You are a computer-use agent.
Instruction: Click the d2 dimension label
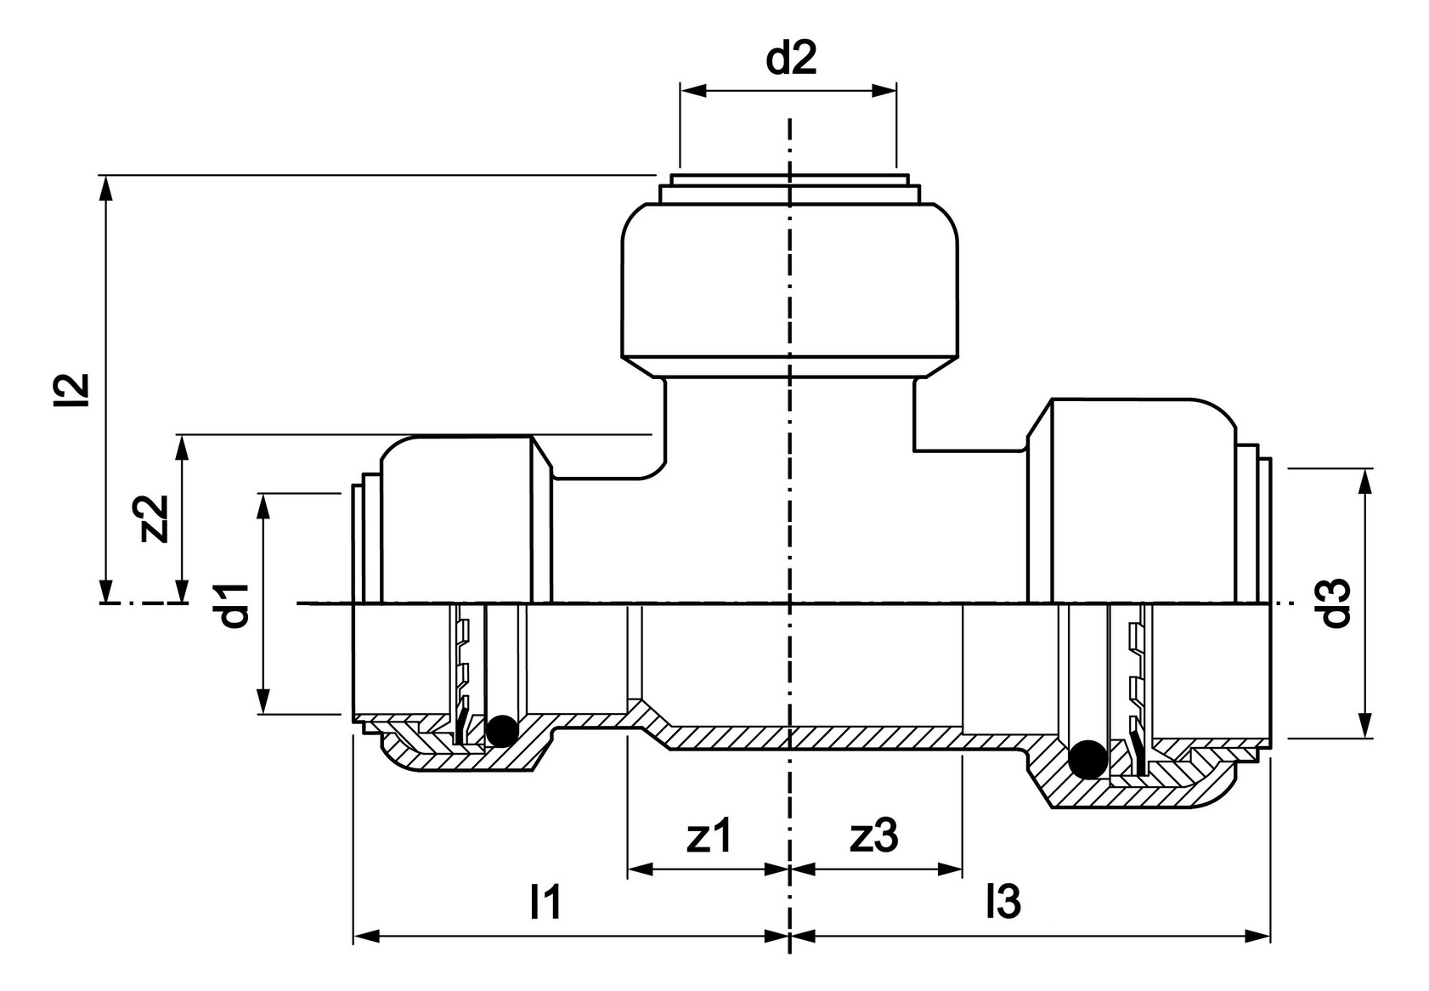click(791, 59)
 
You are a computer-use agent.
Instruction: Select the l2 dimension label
click(71, 389)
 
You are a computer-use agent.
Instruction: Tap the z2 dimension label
click(154, 518)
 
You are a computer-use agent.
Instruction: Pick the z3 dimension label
click(874, 836)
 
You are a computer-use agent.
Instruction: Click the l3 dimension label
click(1003, 903)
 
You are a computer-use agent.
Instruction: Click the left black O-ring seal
click(502, 731)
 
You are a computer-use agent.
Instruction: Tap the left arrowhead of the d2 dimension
click(693, 91)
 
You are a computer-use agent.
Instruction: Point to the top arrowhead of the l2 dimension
click(106, 189)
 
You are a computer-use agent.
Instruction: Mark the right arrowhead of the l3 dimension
click(1257, 937)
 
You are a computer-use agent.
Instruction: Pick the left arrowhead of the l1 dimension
click(367, 937)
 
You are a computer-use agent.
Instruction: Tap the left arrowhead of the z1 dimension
click(641, 869)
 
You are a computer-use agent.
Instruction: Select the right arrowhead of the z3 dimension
click(949, 869)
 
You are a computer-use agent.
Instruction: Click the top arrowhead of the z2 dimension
click(184, 449)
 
